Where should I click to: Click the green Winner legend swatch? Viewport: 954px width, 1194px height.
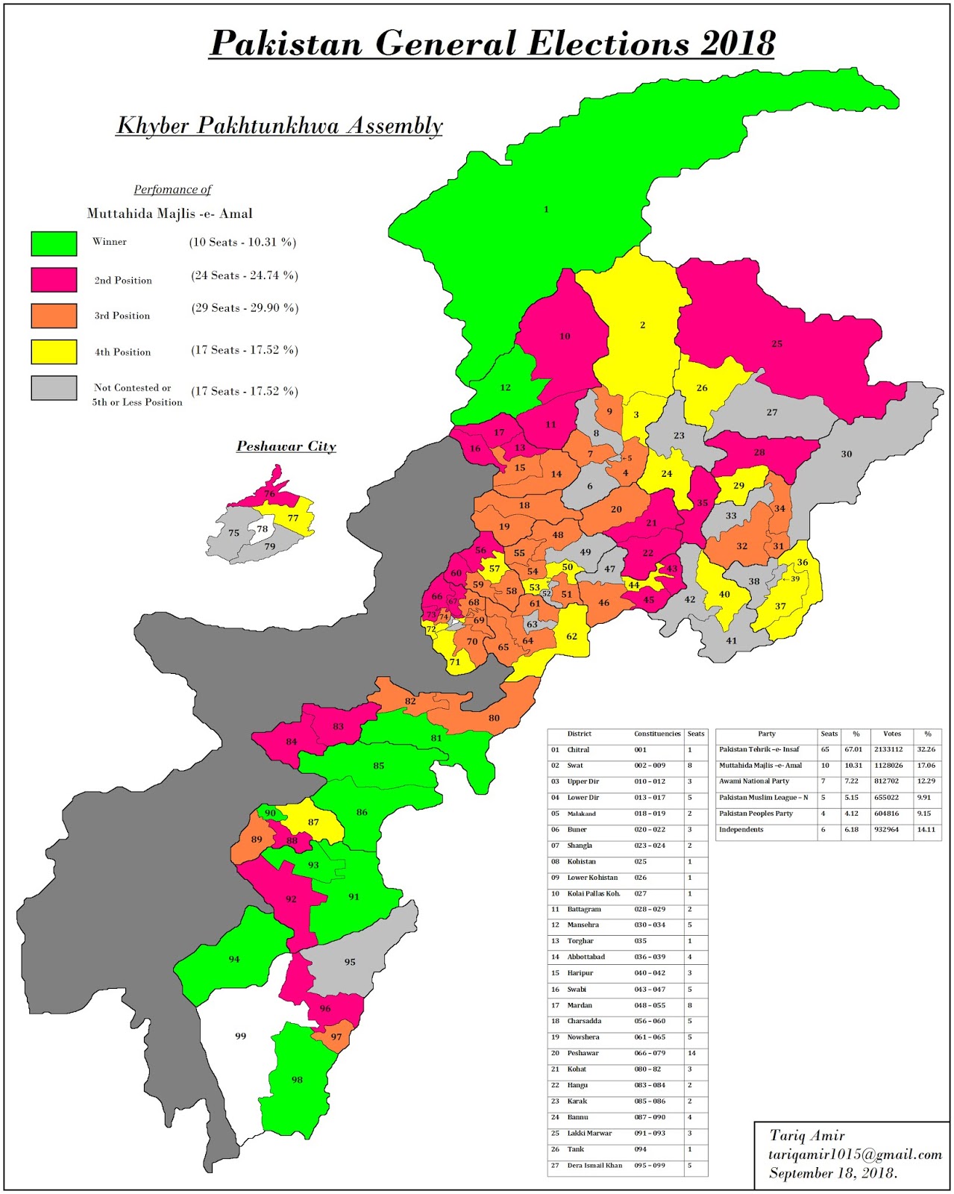point(54,243)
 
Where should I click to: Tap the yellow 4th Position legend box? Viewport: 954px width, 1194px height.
point(54,351)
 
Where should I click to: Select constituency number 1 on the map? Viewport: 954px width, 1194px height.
point(546,210)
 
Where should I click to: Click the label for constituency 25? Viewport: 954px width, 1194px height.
point(776,344)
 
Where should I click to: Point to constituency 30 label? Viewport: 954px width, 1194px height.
point(846,454)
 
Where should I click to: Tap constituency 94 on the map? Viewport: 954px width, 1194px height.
point(234,959)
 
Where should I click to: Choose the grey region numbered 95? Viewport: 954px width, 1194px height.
point(350,962)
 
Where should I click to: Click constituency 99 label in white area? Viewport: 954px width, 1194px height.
point(240,1036)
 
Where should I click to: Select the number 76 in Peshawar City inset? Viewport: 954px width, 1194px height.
point(269,494)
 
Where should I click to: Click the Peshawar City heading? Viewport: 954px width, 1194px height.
point(286,446)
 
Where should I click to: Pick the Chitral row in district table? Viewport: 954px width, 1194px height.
point(578,750)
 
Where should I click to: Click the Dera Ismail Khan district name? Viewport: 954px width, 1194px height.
point(594,1165)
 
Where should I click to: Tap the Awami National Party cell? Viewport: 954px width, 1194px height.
point(753,781)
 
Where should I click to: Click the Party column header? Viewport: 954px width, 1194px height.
point(766,734)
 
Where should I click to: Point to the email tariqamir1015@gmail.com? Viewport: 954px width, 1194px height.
point(855,1154)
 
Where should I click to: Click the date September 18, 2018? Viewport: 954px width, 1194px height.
point(832,1173)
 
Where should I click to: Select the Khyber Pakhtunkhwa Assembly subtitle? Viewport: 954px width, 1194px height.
point(280,125)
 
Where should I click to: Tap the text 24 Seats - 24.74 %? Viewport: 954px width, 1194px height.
point(245,275)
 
